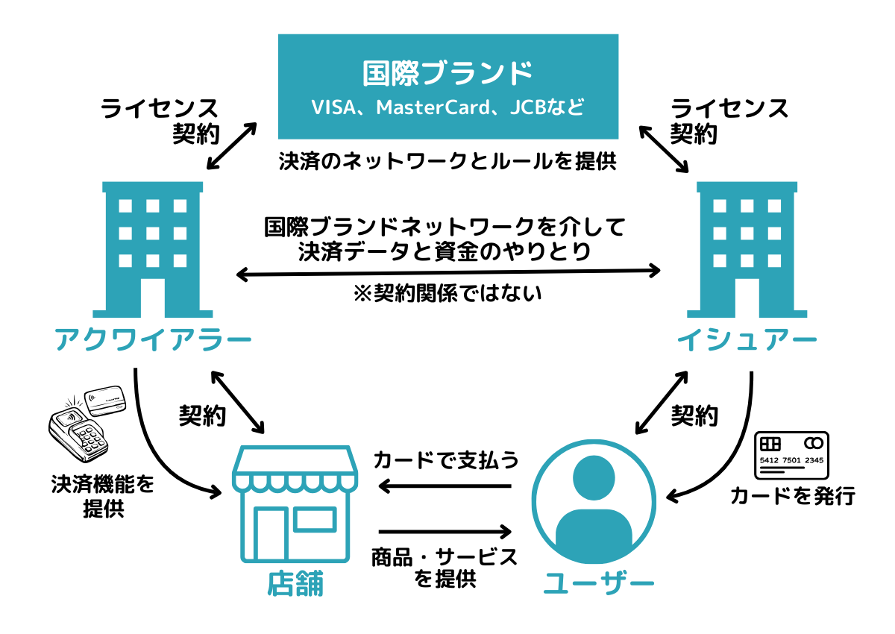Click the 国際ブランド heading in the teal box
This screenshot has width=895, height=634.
point(447,73)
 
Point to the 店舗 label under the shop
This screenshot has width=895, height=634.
point(295,583)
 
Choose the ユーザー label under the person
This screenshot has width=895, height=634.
point(599,583)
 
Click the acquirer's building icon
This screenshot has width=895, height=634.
point(154,246)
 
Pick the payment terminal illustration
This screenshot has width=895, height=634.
point(82,429)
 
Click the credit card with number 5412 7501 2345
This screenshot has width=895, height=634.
point(791,455)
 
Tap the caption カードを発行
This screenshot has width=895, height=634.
point(793,495)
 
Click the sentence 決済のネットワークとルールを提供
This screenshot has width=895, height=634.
point(447,162)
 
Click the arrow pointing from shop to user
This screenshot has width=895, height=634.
point(445,532)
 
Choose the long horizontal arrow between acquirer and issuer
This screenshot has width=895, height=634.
point(449,272)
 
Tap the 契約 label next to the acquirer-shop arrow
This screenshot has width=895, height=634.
point(202,415)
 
